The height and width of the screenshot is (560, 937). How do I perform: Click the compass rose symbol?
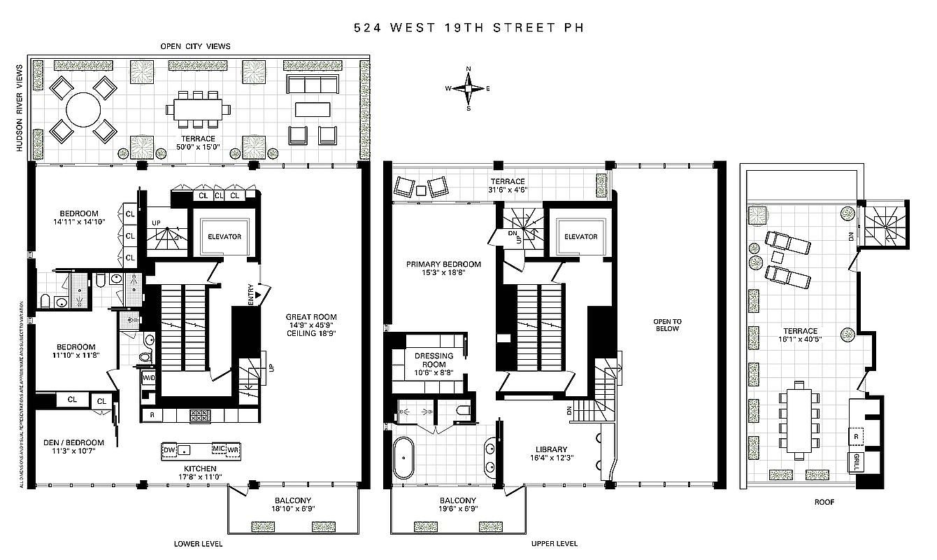click(x=468, y=88)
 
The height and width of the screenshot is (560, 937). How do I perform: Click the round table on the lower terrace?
click(x=83, y=110)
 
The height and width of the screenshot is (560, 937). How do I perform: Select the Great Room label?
click(x=311, y=317)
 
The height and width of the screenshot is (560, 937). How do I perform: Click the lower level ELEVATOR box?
click(x=224, y=237)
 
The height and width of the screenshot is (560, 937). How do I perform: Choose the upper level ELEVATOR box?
click(x=580, y=237)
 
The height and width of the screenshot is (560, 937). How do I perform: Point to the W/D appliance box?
click(x=149, y=379)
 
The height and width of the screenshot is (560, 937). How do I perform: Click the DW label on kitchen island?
click(x=170, y=449)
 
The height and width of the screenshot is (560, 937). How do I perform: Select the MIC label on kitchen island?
click(x=217, y=449)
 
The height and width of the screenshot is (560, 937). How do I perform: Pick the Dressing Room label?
click(x=434, y=360)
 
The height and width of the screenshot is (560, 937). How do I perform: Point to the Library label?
click(x=552, y=449)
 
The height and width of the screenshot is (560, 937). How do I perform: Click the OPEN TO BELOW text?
click(x=667, y=325)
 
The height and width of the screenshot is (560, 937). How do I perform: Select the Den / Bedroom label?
click(x=73, y=442)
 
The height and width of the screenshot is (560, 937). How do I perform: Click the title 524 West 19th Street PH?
click(x=468, y=28)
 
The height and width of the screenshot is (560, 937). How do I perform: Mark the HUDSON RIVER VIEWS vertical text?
click(x=20, y=108)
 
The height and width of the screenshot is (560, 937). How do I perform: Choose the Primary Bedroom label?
click(x=444, y=265)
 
